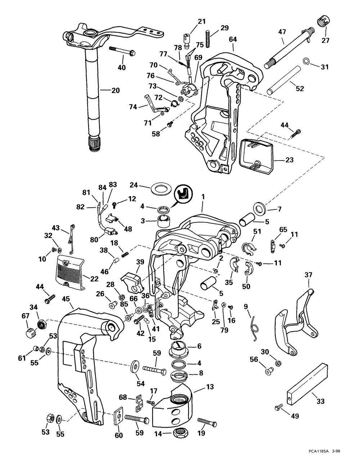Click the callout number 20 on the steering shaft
coord(115,90)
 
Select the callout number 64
coord(233,39)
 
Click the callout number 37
coord(308,275)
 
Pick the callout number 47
coord(282,32)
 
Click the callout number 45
coord(65,299)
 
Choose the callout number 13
coord(210,387)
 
